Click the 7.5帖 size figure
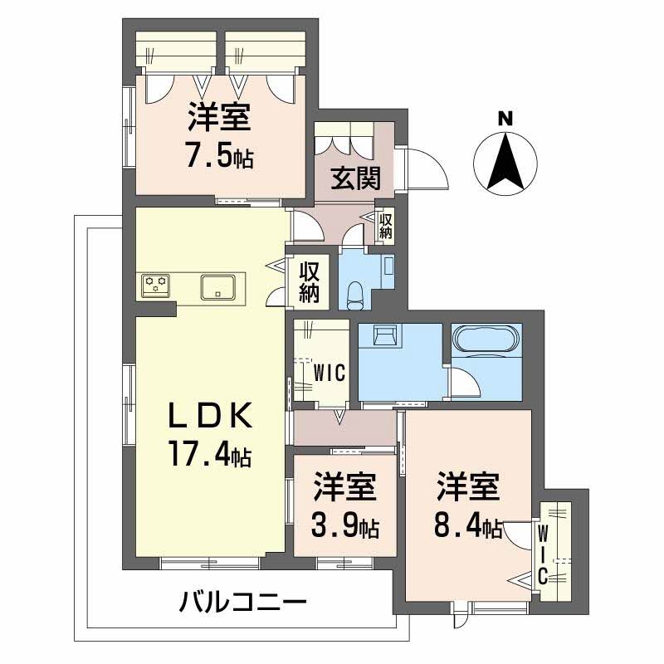[x=219, y=157]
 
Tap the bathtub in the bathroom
[x=486, y=339]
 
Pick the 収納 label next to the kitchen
[x=310, y=282]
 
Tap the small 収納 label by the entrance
[x=385, y=226]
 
